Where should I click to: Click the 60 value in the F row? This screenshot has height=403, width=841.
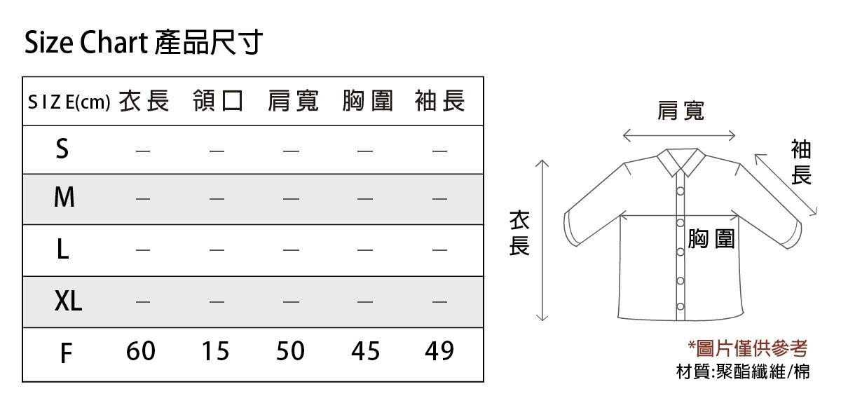pos(140,351)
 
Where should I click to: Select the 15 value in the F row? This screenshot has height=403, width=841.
pos(216,351)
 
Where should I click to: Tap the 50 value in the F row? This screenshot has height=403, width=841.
pos(290,351)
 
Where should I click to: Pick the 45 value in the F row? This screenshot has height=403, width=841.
pos(365,351)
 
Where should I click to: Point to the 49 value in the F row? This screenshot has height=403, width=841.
pos(439,351)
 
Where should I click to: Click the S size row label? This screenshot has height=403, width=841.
pos(62,149)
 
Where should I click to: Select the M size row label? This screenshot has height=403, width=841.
pos(64,197)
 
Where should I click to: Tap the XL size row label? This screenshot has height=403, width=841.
pos(68,301)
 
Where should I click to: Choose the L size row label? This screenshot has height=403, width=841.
pos(63,250)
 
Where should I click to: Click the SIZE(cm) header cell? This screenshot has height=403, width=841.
pos(69,102)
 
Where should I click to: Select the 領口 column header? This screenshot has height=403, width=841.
pos(218,101)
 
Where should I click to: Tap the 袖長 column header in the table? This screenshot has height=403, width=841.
pos(439,101)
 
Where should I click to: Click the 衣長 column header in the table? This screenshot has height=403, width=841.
pos(144,101)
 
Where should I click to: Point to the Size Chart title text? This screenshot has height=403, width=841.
pos(86,42)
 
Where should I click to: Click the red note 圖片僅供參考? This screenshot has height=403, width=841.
pos(748,348)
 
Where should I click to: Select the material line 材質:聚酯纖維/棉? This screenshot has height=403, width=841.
pos(743,371)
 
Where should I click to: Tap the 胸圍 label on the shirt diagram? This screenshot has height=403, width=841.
pos(711,238)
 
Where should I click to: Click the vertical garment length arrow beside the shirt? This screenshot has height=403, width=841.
pos(542,240)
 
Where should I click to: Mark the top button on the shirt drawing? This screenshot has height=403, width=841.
pos(681,191)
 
